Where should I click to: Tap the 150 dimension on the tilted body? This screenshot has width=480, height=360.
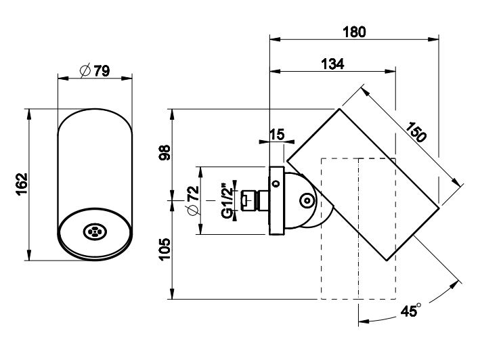(x=417, y=131)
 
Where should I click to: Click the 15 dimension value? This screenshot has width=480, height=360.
(x=277, y=135)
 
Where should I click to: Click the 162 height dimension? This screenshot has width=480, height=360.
(x=21, y=183)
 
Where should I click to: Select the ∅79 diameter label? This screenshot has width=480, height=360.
(x=94, y=70)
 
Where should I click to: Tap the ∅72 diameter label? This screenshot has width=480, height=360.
(x=192, y=201)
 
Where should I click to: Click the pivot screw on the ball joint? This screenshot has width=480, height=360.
(x=307, y=200)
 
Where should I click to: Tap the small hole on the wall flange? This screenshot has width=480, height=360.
(x=276, y=183)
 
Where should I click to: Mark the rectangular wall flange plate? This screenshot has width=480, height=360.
(x=276, y=200)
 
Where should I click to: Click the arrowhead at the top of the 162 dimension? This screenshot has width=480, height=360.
(x=29, y=110)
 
